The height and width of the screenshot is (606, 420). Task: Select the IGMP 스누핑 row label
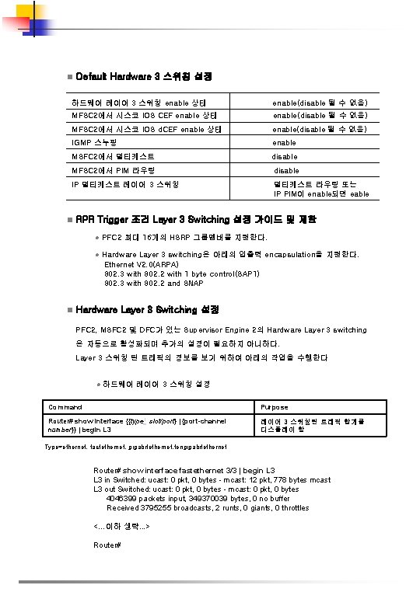click(x=90, y=143)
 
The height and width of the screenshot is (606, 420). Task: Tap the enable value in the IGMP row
click(x=284, y=143)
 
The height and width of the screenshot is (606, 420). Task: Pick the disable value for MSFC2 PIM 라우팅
click(x=286, y=170)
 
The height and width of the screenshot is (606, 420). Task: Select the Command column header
click(x=65, y=407)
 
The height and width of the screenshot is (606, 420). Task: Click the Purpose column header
click(x=274, y=407)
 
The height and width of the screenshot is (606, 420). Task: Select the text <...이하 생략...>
click(x=121, y=526)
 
